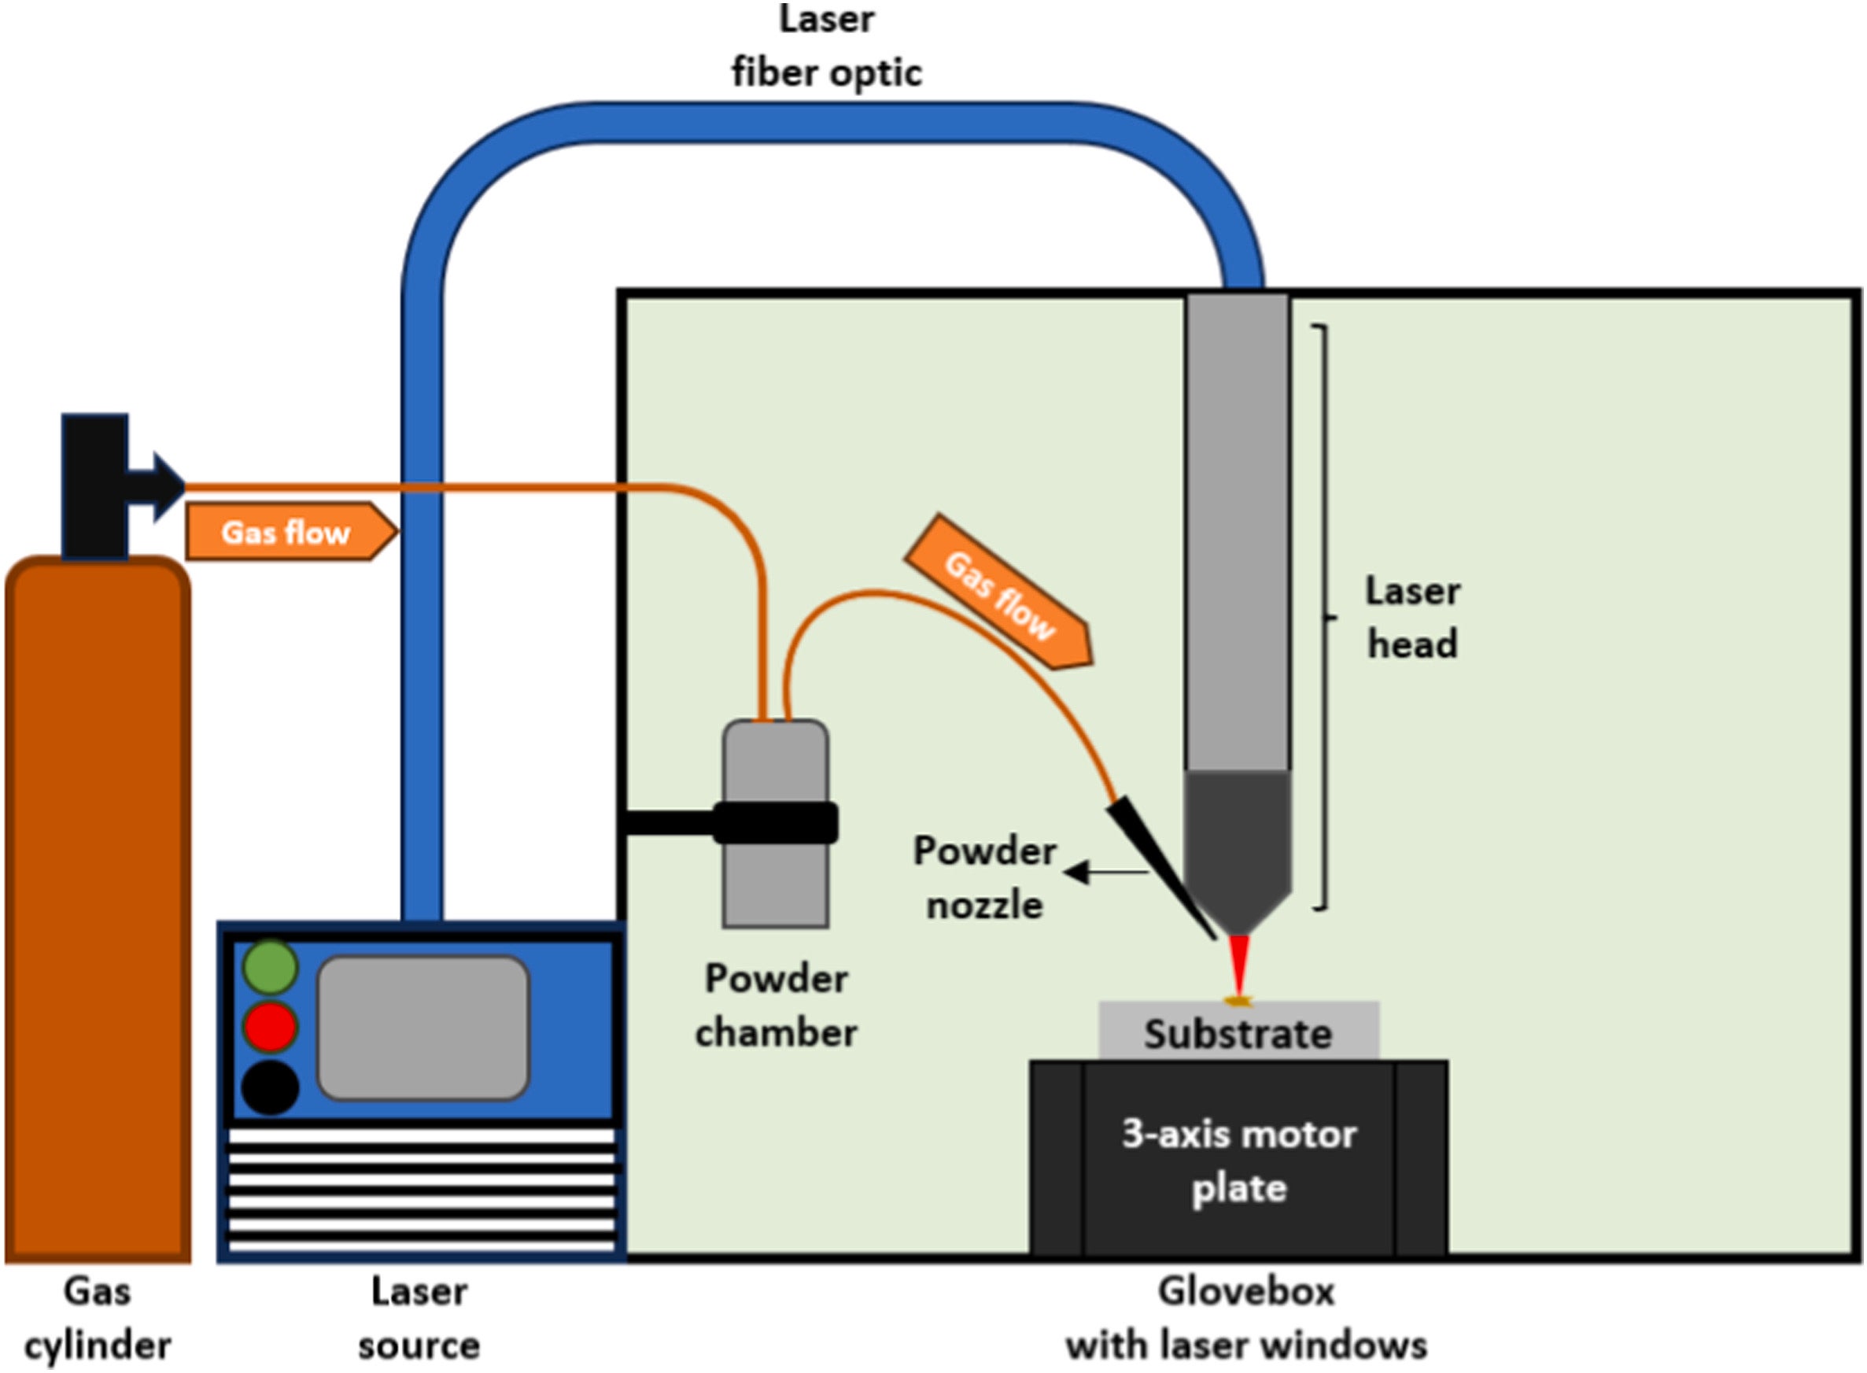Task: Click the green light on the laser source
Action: click(x=270, y=966)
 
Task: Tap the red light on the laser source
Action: click(x=270, y=1028)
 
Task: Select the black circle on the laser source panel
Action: click(x=270, y=1087)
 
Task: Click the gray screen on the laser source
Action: click(x=423, y=1028)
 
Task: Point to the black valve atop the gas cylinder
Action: click(x=95, y=485)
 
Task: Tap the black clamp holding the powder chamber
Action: click(x=774, y=823)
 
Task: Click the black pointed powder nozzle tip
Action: click(x=1159, y=865)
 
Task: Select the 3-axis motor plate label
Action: click(x=1239, y=1161)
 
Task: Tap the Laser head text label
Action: click(x=1412, y=618)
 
